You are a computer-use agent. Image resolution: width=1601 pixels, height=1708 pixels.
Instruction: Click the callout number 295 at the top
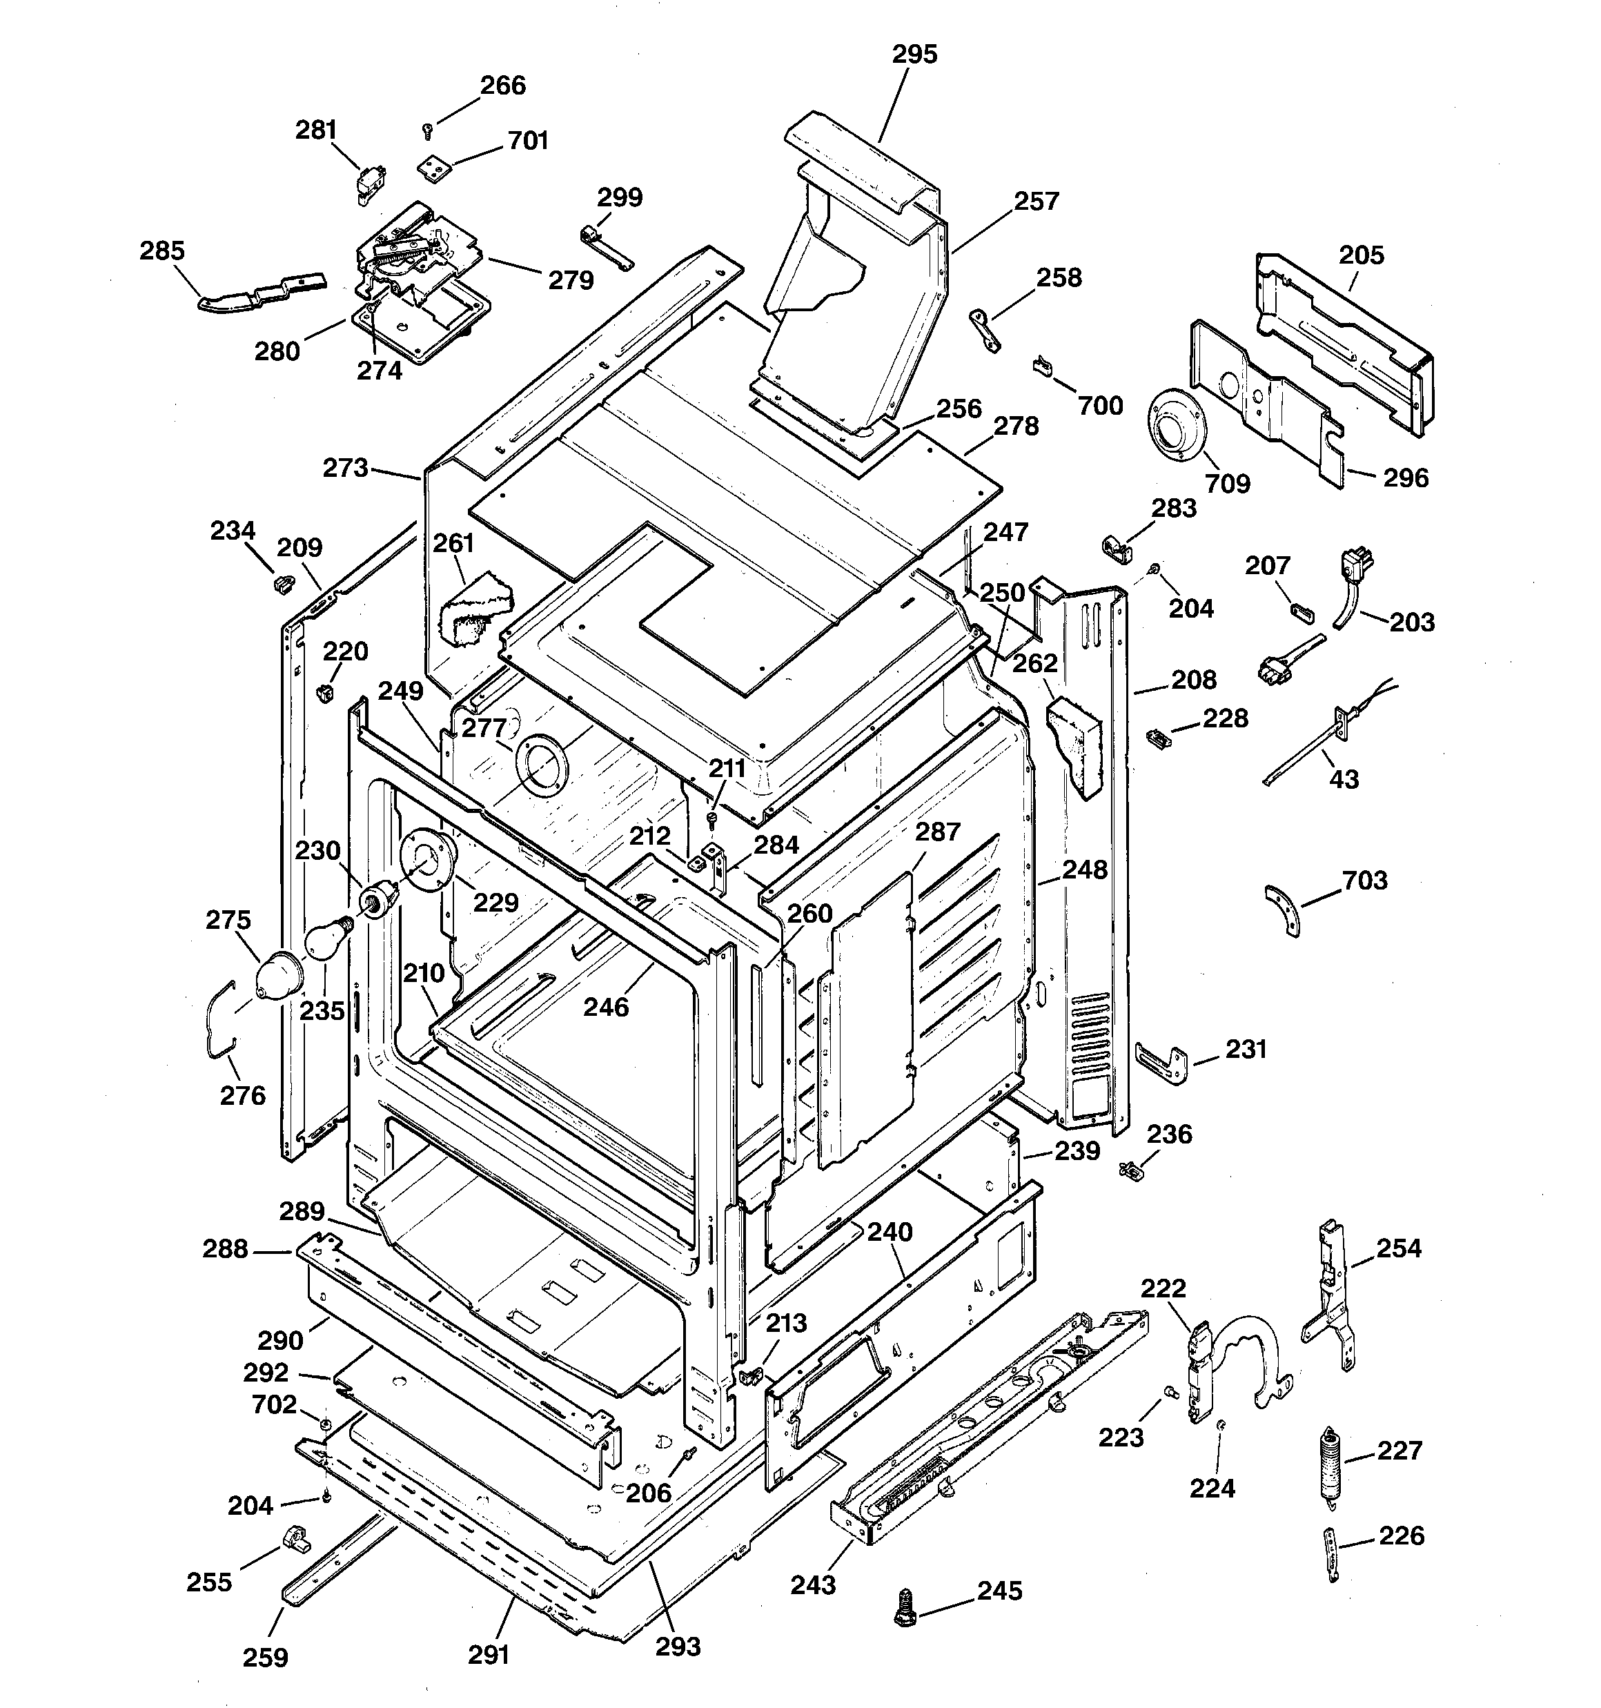[914, 54]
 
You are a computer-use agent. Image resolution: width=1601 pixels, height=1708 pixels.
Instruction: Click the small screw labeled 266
[427, 130]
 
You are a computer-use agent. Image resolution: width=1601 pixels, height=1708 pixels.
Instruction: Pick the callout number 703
[1365, 881]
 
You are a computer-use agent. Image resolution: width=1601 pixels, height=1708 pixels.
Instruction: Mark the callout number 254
[1398, 1248]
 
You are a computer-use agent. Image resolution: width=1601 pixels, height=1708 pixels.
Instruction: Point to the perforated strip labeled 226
[1332, 1554]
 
